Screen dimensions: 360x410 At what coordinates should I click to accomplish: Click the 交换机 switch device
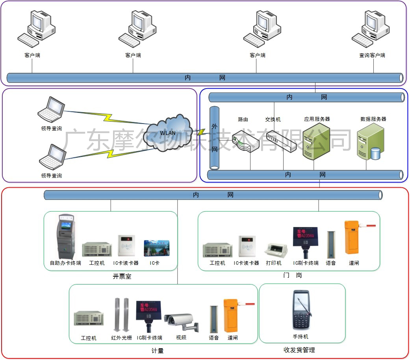pos(281,142)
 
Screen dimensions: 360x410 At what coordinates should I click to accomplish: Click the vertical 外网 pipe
pos(214,138)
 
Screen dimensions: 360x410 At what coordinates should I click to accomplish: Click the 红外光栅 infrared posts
pos(121,315)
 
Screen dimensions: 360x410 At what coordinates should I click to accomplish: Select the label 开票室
pos(122,277)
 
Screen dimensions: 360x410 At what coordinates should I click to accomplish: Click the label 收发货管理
pos(299,350)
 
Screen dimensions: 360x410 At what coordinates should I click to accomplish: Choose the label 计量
pos(158,351)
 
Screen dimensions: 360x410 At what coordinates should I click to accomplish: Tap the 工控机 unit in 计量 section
pos(89,319)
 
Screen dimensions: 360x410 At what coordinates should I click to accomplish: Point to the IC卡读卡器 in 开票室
pos(126,246)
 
